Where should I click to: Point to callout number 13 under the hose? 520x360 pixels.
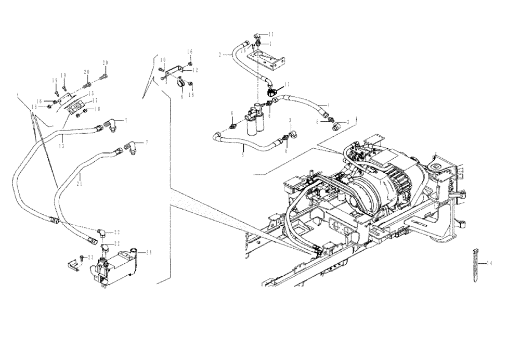(x=61, y=146)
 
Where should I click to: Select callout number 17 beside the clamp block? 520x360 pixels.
(x=95, y=101)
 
